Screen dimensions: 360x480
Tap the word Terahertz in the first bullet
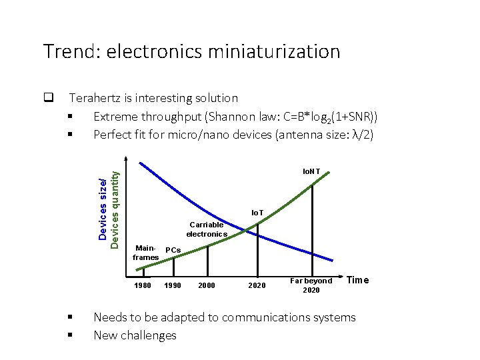[99, 99]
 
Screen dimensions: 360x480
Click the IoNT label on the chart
[311, 172]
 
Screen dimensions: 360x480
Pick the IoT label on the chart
[257, 213]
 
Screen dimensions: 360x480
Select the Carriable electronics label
[207, 229]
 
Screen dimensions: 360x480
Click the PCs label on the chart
[173, 250]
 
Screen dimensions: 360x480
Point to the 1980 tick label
[143, 285]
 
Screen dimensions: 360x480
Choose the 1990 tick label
[173, 285]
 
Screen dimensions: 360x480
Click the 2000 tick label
[207, 285]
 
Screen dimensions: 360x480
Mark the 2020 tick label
[257, 285]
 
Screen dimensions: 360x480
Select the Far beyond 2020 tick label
[311, 285]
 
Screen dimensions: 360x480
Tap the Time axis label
[357, 280]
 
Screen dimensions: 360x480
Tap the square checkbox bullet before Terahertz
[48, 99]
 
